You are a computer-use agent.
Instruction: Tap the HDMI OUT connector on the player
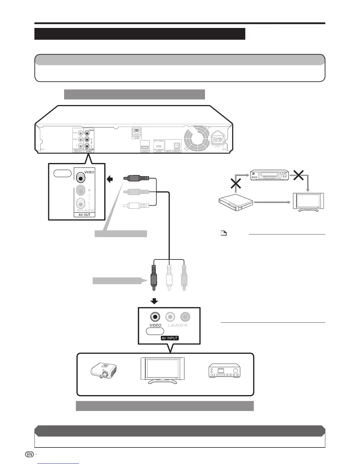tap(145, 147)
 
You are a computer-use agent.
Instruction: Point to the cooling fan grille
tap(196, 139)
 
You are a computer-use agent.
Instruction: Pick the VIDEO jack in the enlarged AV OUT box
tap(80, 177)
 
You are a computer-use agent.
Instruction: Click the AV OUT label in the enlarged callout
tap(84, 215)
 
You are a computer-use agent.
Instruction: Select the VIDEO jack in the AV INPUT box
tap(155, 317)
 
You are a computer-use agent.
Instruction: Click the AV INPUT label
tap(170, 338)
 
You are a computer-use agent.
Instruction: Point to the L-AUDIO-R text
tap(178, 325)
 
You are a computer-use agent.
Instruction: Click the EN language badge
tap(29, 454)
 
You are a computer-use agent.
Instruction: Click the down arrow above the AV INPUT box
tap(154, 302)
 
